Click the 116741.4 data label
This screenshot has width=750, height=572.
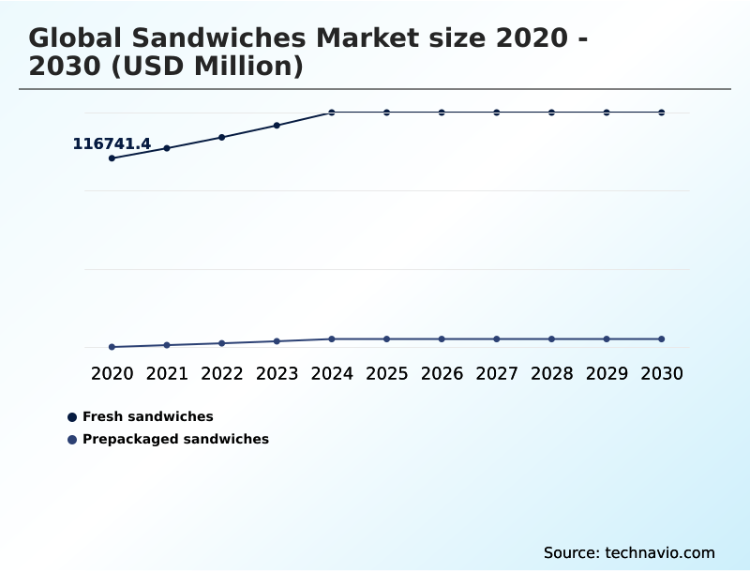112,143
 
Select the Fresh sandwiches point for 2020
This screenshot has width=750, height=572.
112,158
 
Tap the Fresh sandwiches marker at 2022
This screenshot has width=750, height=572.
222,137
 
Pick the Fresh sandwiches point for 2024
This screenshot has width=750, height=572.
332,113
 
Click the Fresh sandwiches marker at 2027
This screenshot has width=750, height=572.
497,113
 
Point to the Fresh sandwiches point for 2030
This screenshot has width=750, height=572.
662,113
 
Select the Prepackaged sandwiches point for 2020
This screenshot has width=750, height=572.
112,347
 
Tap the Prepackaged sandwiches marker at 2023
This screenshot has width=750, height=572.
277,341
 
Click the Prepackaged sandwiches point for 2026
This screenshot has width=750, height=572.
442,339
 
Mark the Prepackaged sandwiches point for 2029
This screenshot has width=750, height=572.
607,339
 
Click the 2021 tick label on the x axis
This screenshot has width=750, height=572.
167,373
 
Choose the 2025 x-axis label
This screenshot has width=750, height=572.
386,373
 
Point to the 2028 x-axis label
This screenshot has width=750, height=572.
551,373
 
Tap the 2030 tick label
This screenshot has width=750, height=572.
662,373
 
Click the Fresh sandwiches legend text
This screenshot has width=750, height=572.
148,416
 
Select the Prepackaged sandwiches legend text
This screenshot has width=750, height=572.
175,439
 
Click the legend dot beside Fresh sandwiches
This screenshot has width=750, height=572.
72,416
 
